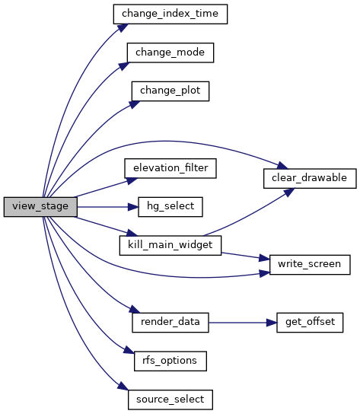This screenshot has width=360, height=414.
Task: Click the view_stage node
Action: (x=40, y=207)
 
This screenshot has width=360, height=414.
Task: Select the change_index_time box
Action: (x=170, y=14)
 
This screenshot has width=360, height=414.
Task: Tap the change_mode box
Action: (x=170, y=53)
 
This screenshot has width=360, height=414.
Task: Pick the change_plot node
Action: (x=170, y=91)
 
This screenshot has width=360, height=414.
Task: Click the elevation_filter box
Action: (x=170, y=168)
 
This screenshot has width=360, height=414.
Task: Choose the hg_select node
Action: (x=170, y=207)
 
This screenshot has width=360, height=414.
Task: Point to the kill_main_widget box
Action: (x=170, y=246)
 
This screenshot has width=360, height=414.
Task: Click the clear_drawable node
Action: (x=310, y=179)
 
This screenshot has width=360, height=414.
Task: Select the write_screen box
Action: (x=310, y=265)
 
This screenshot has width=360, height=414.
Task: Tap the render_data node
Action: (x=170, y=323)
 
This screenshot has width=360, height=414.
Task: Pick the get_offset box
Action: (x=310, y=323)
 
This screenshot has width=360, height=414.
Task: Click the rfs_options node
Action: (x=170, y=361)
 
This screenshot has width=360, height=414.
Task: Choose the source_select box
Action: (x=170, y=400)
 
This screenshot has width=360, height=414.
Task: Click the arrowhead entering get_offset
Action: (x=272, y=323)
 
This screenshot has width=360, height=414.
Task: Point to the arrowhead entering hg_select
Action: (x=133, y=207)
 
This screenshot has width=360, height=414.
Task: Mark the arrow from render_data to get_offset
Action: (x=243, y=323)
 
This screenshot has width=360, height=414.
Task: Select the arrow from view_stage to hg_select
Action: (x=108, y=207)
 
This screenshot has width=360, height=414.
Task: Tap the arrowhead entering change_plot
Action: (x=135, y=104)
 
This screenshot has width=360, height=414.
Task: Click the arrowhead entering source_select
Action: (x=123, y=386)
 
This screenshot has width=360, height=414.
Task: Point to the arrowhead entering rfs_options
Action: (x=129, y=350)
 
